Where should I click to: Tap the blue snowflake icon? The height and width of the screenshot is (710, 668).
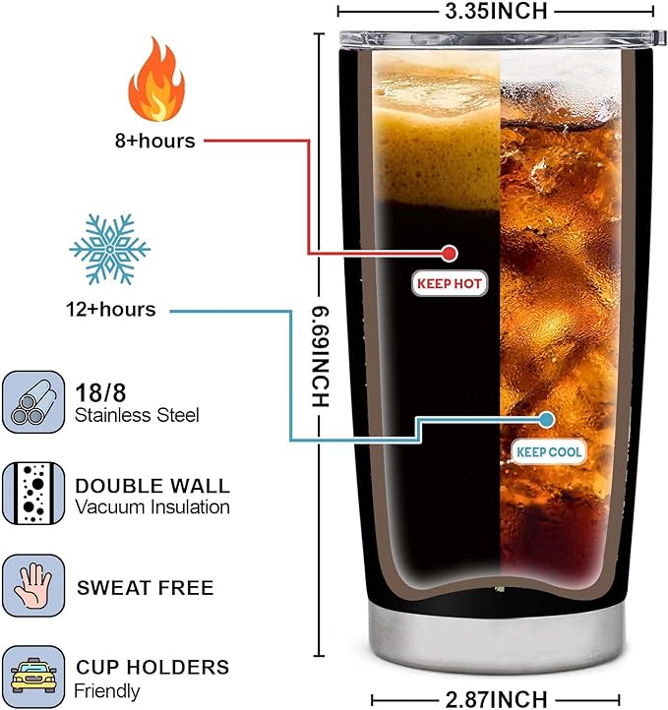110,246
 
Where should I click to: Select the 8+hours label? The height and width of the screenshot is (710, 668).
155,141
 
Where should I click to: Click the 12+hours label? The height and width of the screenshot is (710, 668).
110,309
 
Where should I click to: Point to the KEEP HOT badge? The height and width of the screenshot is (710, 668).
450,284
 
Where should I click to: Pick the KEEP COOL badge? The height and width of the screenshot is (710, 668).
549,451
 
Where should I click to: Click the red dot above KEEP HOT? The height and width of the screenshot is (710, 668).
450,253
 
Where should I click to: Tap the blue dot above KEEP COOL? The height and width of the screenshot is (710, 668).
548,419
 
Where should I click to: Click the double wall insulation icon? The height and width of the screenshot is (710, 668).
32,494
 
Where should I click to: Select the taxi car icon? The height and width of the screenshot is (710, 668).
32,677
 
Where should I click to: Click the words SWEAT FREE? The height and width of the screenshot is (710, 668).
145,588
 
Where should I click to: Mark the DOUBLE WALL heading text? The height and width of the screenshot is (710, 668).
152,486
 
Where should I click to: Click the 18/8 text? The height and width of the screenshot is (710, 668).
98,389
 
